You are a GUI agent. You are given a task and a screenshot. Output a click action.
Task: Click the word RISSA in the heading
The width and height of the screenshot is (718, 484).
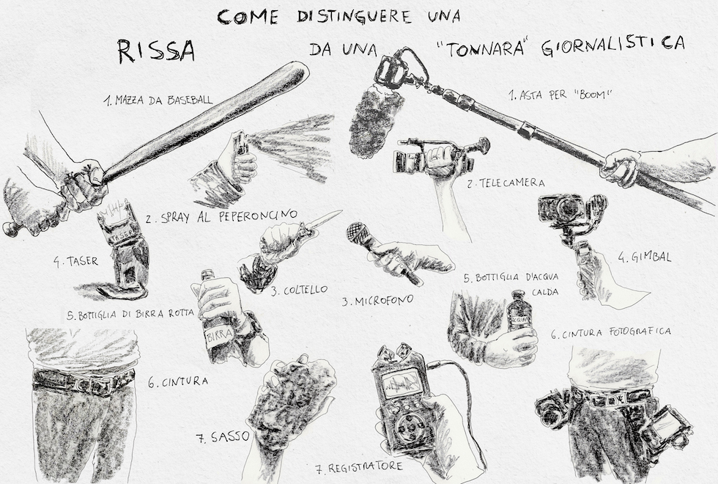click(156, 51)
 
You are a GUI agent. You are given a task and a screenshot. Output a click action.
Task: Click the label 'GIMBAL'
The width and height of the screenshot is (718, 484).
click(651, 257)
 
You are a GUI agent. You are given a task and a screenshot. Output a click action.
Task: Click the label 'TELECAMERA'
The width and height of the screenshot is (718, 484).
click(512, 183)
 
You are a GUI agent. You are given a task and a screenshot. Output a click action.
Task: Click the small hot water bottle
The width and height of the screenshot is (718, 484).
click(519, 311)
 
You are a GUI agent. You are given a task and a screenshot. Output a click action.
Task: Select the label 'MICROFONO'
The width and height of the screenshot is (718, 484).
click(377, 301)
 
